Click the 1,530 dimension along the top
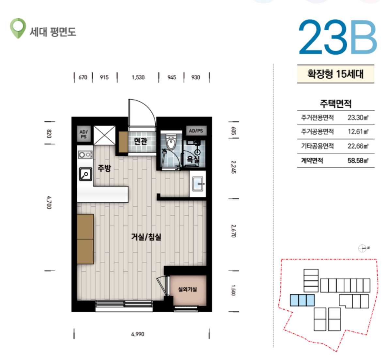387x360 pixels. click(138, 78)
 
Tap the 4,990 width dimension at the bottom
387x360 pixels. click(137, 334)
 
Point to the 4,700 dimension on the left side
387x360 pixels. click(49, 202)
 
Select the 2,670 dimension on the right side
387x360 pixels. click(233, 231)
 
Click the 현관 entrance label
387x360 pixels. click(140, 141)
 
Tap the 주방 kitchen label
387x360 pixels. click(104, 168)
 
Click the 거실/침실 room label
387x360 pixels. click(146, 237)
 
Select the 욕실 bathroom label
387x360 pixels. click(193, 159)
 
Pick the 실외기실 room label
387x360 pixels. click(188, 289)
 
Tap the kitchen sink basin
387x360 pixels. click(85, 174)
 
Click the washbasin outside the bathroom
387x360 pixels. click(198, 184)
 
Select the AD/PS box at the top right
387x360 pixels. click(196, 131)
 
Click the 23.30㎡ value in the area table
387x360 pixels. click(358, 117)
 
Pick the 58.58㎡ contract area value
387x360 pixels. click(358, 161)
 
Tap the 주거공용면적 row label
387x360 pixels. click(317, 131)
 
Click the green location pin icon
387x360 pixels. click(18, 28)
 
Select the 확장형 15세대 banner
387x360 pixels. click(336, 74)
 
